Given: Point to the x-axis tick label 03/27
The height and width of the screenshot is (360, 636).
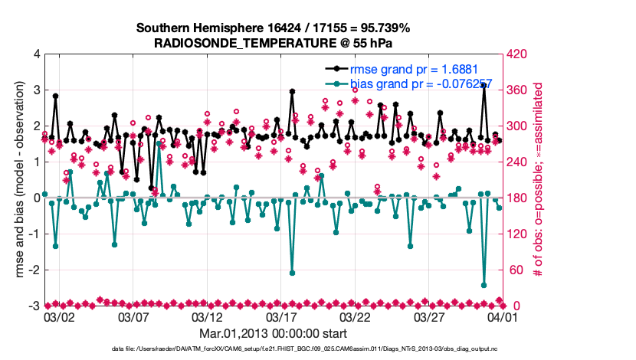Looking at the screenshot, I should (430, 316).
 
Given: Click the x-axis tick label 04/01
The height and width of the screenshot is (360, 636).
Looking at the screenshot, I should (504, 316).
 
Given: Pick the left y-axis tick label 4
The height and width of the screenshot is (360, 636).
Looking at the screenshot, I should (37, 54).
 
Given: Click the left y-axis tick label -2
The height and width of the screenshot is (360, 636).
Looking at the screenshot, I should (34, 270).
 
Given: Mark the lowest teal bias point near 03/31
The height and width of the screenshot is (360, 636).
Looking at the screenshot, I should (484, 285).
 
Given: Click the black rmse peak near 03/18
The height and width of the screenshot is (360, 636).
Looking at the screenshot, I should (293, 91).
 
